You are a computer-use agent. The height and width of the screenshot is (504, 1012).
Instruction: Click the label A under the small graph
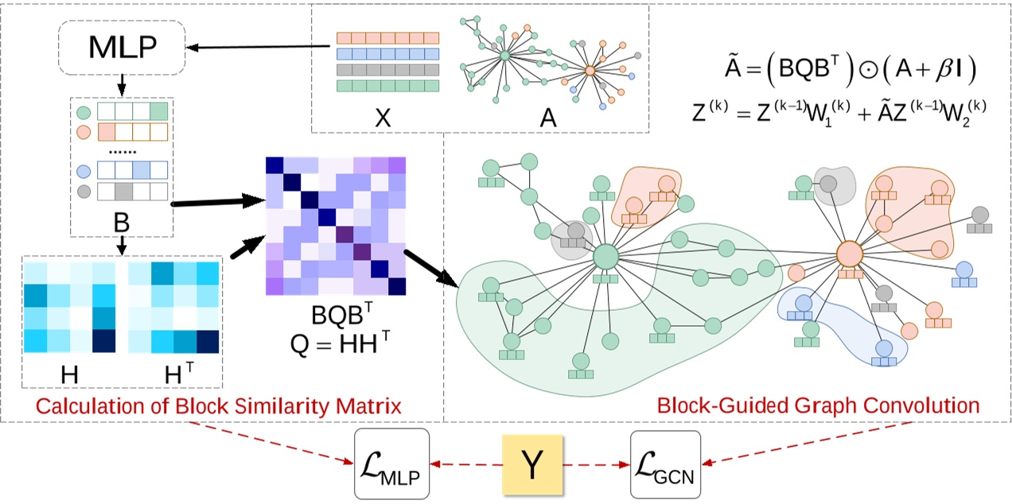[x=548, y=118]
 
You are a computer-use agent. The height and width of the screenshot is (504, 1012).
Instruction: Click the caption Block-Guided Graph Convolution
[x=818, y=407]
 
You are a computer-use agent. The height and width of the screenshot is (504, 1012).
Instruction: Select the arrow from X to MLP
[x=259, y=47]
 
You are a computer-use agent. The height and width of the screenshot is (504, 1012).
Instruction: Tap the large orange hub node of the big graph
[x=850, y=254]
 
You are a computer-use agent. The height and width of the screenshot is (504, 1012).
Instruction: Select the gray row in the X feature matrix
[x=387, y=69]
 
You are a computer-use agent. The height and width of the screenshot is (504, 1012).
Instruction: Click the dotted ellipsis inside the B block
[x=122, y=149]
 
